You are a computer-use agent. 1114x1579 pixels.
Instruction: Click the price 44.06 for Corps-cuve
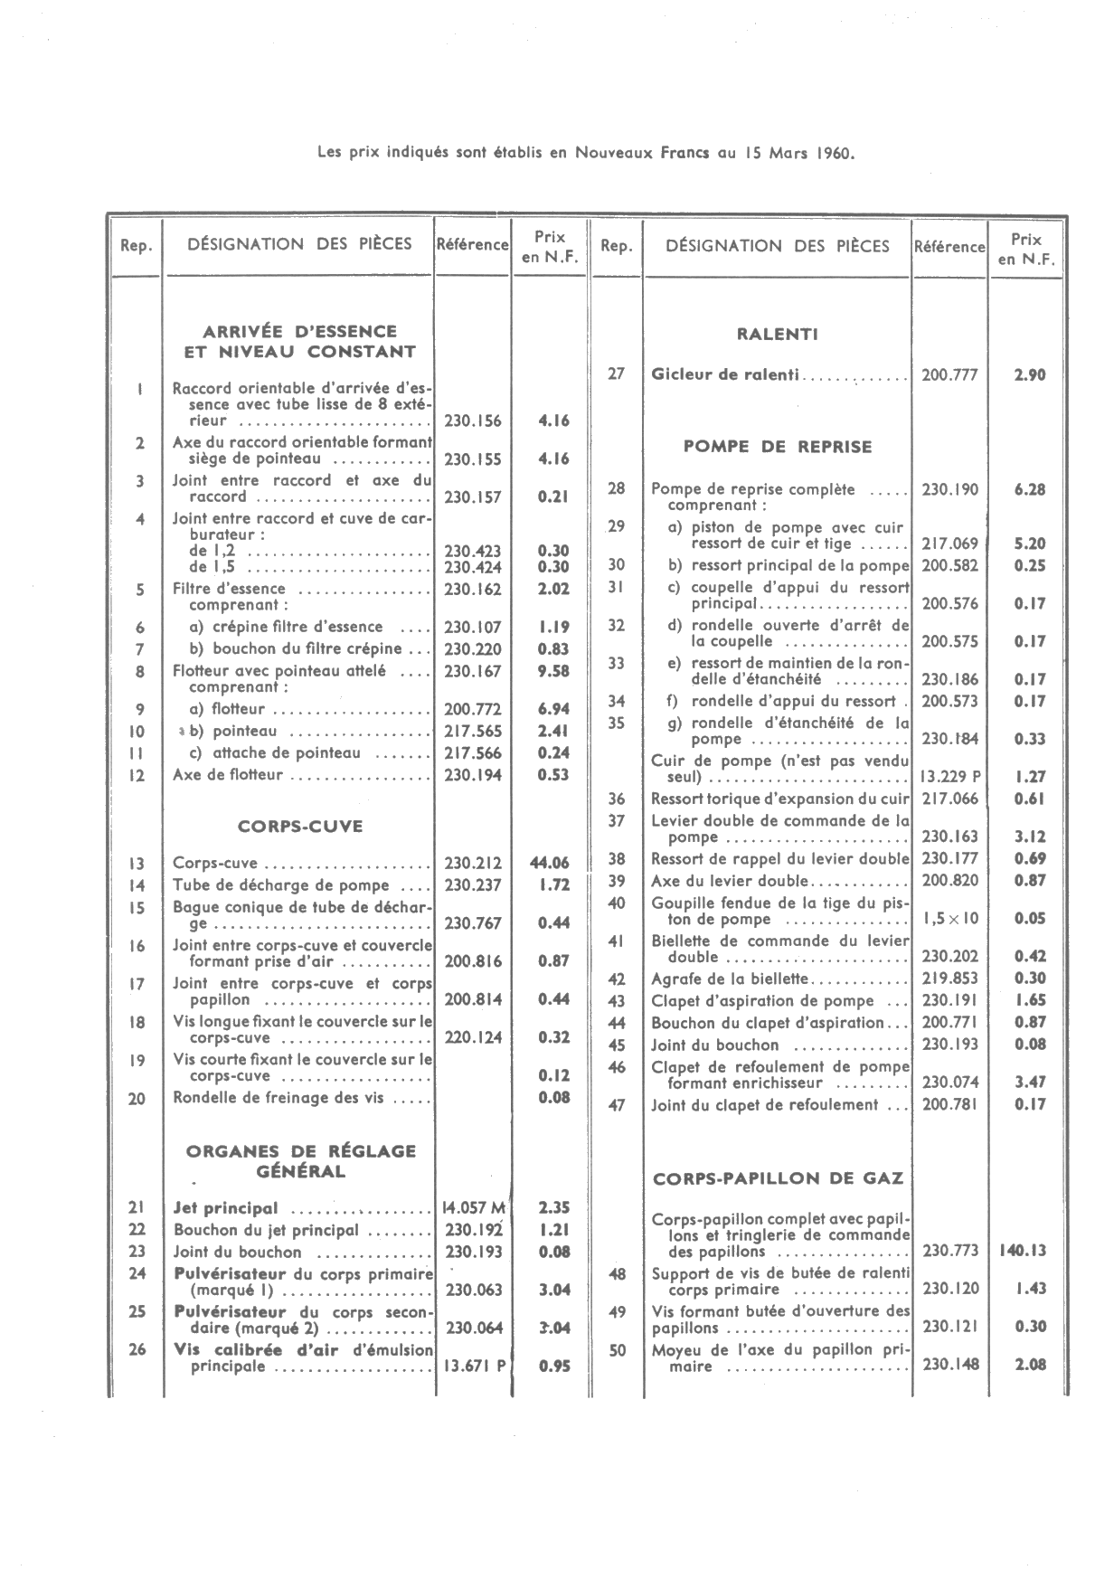pyautogui.click(x=550, y=863)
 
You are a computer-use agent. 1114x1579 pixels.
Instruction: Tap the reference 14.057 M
pyautogui.click(x=474, y=1207)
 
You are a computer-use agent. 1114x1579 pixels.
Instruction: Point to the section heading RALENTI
pyautogui.click(x=779, y=334)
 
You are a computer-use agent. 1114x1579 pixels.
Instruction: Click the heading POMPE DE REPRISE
pyautogui.click(x=778, y=446)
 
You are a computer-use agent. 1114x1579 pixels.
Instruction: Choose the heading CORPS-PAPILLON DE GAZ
pyautogui.click(x=779, y=1178)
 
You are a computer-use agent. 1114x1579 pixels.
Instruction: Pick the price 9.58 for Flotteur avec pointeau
pyautogui.click(x=552, y=671)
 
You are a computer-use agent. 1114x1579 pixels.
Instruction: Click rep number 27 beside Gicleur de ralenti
pyautogui.click(x=616, y=373)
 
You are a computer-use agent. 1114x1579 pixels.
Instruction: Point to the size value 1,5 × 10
pyautogui.click(x=950, y=919)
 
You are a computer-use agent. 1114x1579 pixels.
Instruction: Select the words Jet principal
pyautogui.click(x=225, y=1208)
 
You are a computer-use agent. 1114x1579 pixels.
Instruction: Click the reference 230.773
pyautogui.click(x=950, y=1252)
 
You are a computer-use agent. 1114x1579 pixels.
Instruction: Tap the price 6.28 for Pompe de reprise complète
pyautogui.click(x=1030, y=489)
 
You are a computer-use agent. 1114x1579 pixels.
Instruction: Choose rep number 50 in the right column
pyautogui.click(x=617, y=1351)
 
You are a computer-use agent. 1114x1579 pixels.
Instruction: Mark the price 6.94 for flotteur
pyautogui.click(x=552, y=709)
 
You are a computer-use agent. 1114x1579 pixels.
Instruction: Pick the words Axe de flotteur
pyautogui.click(x=228, y=775)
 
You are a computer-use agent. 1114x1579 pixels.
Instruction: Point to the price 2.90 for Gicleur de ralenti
pyautogui.click(x=1030, y=374)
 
